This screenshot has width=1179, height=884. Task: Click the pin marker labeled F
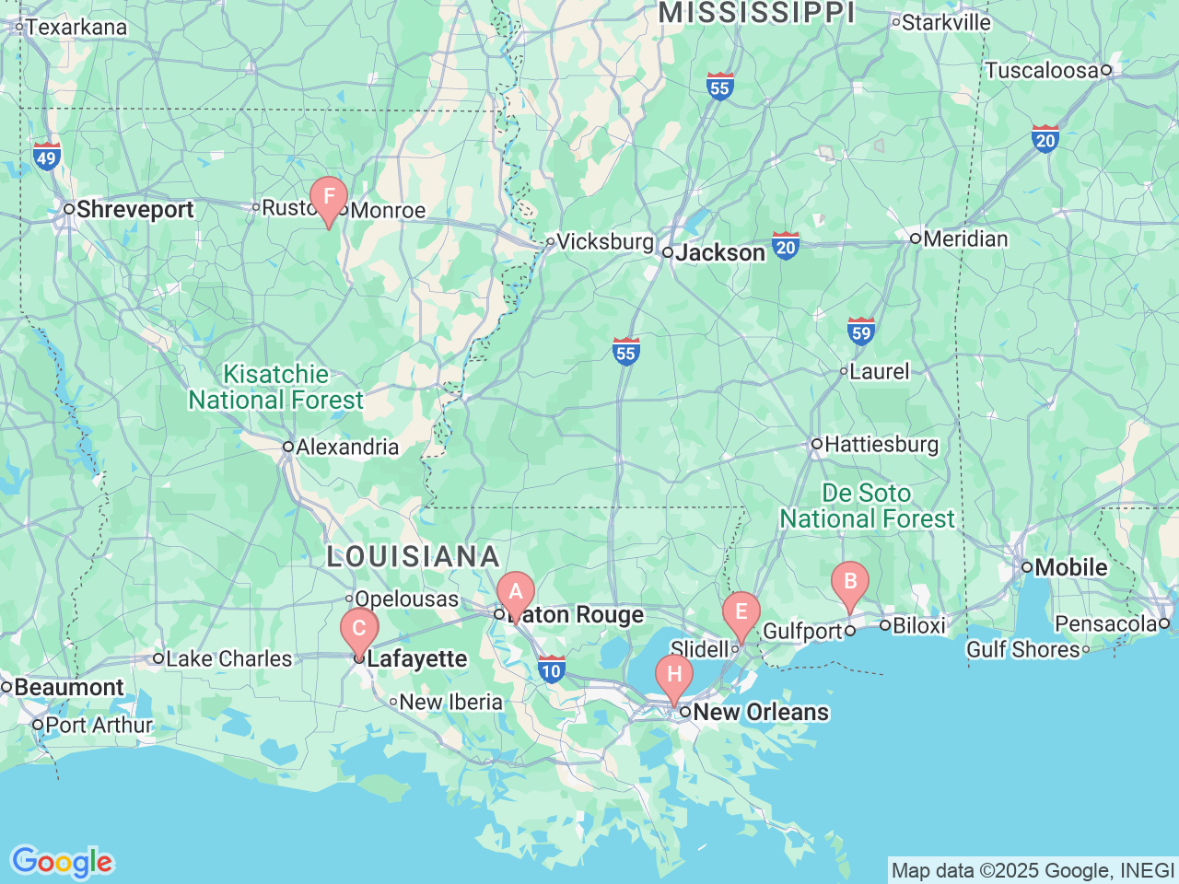(x=328, y=197)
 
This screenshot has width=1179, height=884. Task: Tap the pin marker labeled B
(x=849, y=581)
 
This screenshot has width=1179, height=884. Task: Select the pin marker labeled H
(x=674, y=674)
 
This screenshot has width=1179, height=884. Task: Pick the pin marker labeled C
(x=359, y=629)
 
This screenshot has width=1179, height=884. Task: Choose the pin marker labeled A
(x=515, y=592)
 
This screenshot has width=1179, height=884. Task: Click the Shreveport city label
(x=134, y=210)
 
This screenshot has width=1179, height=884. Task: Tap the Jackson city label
(x=719, y=253)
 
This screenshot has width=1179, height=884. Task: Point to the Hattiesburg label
(x=881, y=445)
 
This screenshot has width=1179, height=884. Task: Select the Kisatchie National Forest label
(x=276, y=388)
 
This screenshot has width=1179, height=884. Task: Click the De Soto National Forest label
(x=867, y=506)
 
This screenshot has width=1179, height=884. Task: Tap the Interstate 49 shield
(x=46, y=156)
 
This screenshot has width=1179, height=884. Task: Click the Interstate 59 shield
(x=860, y=331)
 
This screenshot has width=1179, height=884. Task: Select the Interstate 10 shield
(x=551, y=669)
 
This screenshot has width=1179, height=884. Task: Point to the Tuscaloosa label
(x=1042, y=70)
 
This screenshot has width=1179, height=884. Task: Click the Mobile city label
(x=1070, y=568)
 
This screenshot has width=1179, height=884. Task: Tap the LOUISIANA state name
(x=414, y=557)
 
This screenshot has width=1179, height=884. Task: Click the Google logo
(x=62, y=862)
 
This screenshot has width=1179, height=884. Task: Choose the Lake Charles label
(x=228, y=659)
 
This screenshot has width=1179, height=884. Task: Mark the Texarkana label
(x=76, y=28)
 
